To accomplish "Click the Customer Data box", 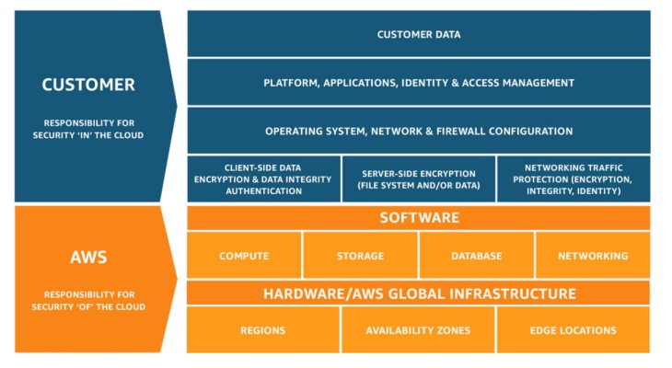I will click(x=419, y=34).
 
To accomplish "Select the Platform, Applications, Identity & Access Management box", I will click(x=419, y=83).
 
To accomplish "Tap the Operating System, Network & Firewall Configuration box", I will click(x=419, y=132).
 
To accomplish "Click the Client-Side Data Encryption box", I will click(x=262, y=179).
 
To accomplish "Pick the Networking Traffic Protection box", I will click(x=573, y=179).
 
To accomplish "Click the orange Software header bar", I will click(x=419, y=218).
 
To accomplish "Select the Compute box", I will click(x=244, y=256).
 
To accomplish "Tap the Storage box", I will click(x=360, y=256).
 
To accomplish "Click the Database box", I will click(x=476, y=256).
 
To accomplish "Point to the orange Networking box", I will click(x=593, y=256).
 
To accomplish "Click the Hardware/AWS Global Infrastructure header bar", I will click(x=419, y=293).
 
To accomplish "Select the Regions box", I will click(x=262, y=330).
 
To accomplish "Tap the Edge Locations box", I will click(x=573, y=330).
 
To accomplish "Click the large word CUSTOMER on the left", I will click(x=88, y=85).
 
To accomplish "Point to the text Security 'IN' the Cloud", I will click(x=88, y=135).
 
